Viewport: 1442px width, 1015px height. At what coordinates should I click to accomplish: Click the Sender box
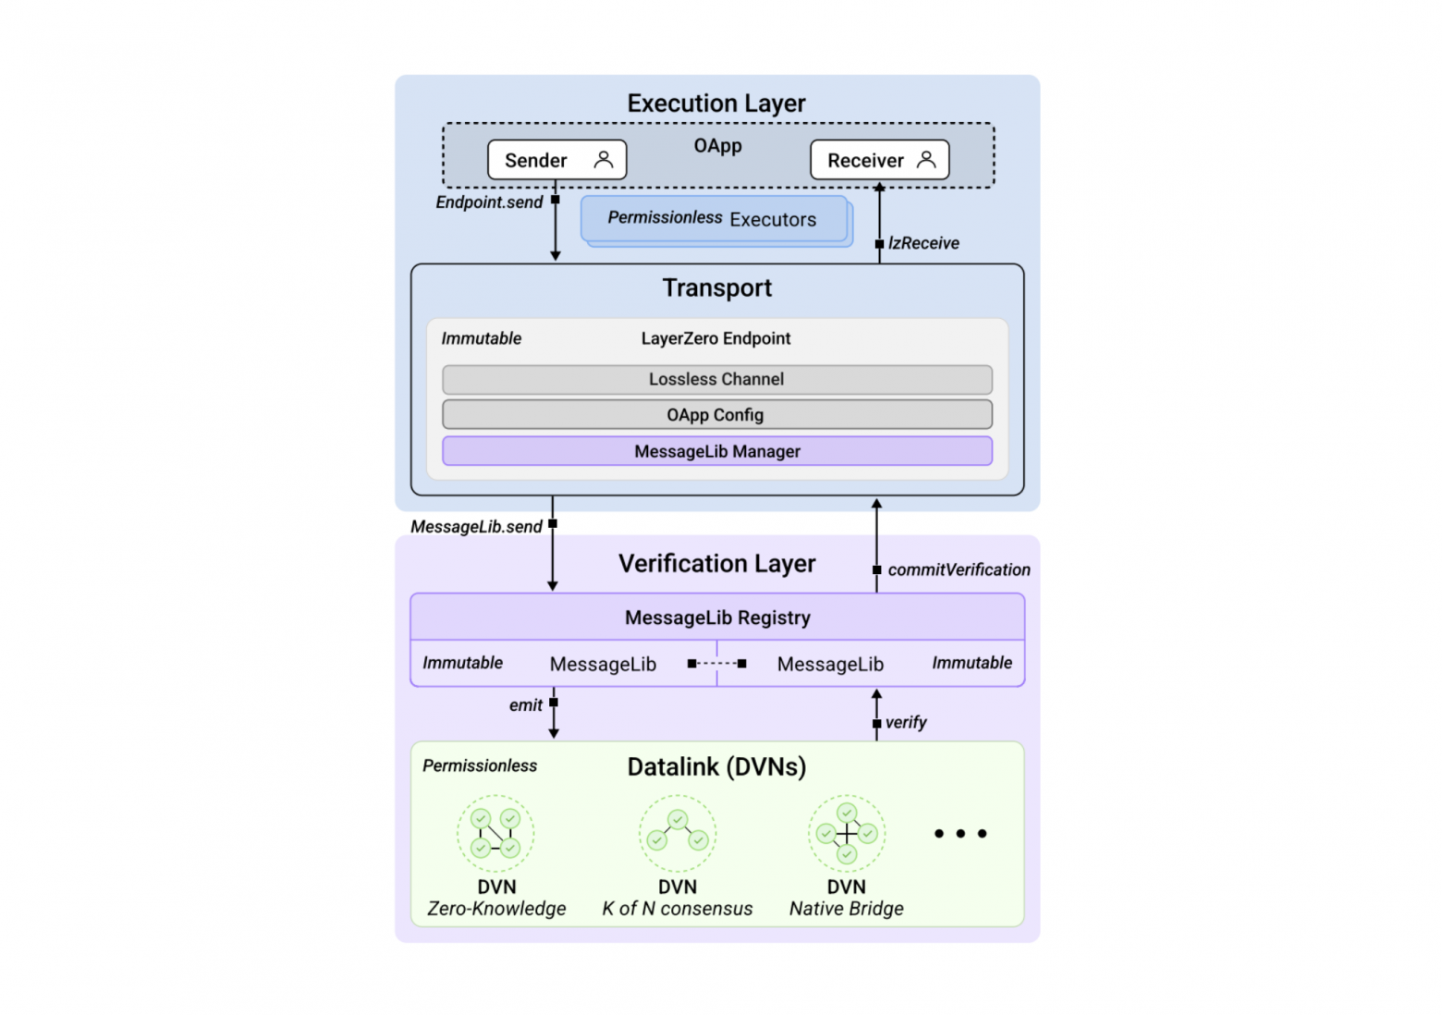tap(556, 160)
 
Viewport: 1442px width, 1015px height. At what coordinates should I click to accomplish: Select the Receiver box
tap(879, 160)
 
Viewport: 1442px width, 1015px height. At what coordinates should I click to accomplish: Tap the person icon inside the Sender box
tap(604, 160)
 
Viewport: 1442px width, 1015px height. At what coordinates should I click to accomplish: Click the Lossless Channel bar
tap(716, 379)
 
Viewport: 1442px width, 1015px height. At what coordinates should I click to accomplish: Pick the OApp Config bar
tap(716, 415)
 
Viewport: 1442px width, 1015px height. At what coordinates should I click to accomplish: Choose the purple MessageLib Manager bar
tap(716, 451)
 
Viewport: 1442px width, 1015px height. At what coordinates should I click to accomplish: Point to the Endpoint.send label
tap(489, 202)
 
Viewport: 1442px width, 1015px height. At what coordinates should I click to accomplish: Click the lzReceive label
tap(923, 243)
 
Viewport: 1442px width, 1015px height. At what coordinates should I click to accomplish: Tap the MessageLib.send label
tap(476, 527)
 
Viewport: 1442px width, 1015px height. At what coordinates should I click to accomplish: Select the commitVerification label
tap(959, 570)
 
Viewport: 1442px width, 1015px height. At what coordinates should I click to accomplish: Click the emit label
tap(526, 705)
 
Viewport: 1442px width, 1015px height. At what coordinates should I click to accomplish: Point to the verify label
tap(906, 723)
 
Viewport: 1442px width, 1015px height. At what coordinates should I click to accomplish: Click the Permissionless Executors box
tap(713, 219)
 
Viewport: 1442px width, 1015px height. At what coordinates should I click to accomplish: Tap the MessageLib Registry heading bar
tap(717, 618)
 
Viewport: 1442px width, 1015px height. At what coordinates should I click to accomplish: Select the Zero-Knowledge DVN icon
tap(496, 833)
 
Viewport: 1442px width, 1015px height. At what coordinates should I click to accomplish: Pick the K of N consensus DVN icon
tap(678, 833)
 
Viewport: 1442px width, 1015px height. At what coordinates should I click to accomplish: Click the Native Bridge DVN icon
tap(847, 833)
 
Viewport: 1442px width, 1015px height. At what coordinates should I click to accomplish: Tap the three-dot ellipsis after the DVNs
tap(960, 834)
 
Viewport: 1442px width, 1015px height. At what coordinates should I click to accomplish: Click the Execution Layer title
tap(716, 104)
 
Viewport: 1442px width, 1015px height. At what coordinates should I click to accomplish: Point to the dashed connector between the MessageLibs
tap(717, 664)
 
